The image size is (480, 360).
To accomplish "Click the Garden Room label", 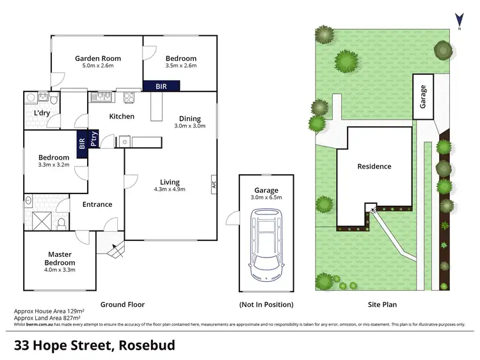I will (97, 58).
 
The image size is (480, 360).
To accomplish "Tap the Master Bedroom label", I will (60, 259).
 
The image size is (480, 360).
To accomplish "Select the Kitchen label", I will (122, 116).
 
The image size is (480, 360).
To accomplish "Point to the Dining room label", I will (189, 119).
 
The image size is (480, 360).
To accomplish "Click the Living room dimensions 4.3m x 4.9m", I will (170, 189).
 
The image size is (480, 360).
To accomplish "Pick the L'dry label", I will (42, 113).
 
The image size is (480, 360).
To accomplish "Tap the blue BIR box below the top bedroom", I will (161, 85).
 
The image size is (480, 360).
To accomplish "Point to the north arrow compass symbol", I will (458, 20).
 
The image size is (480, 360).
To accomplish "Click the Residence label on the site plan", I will (374, 167).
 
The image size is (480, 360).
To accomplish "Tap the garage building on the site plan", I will (422, 97).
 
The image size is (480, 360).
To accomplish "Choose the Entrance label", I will (97, 204).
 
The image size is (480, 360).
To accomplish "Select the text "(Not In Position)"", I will (266, 304).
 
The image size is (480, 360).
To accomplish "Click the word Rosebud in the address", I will (145, 345).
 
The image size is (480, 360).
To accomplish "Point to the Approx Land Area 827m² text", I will (47, 318).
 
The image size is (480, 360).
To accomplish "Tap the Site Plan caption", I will (381, 304).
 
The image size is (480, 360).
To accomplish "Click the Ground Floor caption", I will (123, 304).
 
